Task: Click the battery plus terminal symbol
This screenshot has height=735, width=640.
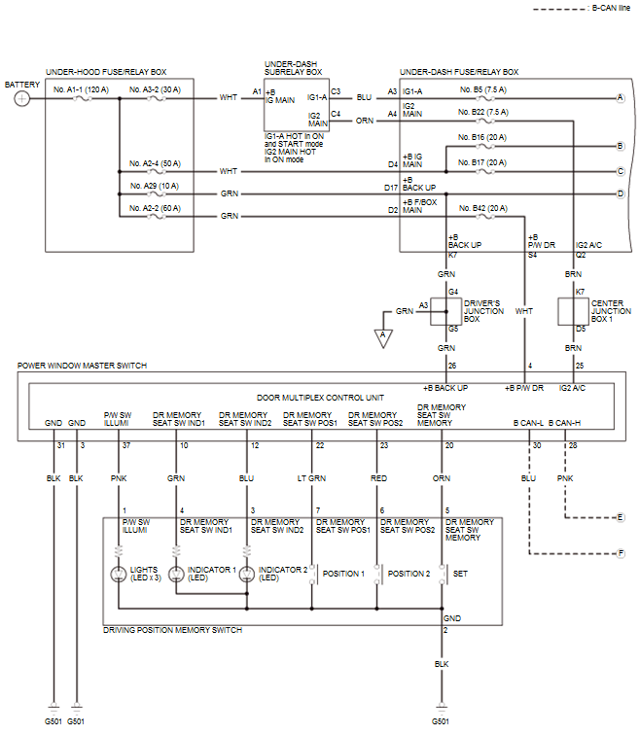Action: click(22, 98)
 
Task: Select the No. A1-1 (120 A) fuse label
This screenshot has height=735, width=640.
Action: click(81, 89)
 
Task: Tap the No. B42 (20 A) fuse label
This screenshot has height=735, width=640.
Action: click(483, 208)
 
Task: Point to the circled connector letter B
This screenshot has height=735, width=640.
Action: click(621, 146)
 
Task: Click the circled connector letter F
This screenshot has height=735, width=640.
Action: click(621, 553)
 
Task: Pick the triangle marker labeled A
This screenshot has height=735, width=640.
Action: click(383, 338)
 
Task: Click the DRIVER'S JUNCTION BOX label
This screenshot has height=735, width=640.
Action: click(483, 311)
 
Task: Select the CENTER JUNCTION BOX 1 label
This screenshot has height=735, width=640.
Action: click(611, 311)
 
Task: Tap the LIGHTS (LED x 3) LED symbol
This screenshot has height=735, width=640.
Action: click(118, 574)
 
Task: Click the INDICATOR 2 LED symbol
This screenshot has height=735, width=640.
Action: click(247, 574)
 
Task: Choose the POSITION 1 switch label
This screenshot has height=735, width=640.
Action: click(343, 574)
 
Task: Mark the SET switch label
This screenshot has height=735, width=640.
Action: click(460, 574)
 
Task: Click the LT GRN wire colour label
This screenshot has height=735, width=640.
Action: click(311, 478)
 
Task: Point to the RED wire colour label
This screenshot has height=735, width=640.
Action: click(378, 478)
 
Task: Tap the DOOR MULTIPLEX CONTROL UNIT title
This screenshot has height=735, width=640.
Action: click(320, 398)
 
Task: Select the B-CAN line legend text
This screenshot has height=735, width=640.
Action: click(611, 8)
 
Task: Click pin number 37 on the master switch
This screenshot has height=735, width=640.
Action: click(126, 445)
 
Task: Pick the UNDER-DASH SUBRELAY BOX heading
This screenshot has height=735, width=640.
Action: click(293, 68)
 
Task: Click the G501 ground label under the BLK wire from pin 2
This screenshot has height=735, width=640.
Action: click(441, 721)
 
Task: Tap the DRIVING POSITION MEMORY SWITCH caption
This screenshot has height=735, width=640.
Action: click(172, 630)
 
